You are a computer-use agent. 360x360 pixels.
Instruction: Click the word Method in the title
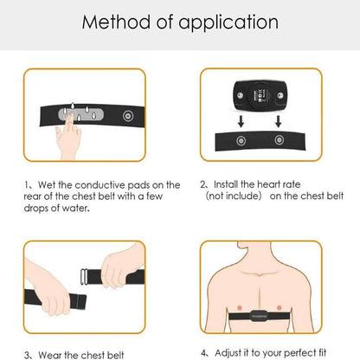point(116,22)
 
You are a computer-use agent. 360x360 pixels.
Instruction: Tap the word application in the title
point(228,23)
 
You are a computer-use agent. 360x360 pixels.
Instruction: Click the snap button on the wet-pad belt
point(128,116)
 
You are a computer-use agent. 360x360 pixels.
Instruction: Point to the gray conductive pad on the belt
point(80,115)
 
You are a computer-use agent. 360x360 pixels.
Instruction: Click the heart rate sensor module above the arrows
point(260,95)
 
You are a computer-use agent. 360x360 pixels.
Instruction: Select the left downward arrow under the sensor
point(241,121)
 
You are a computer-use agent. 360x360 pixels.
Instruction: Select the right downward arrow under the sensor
point(278,121)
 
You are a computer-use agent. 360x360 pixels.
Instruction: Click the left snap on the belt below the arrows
point(241,141)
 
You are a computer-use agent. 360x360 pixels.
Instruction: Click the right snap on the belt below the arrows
point(279,140)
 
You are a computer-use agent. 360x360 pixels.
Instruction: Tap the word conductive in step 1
point(100,185)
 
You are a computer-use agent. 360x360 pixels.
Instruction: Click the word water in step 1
point(74,208)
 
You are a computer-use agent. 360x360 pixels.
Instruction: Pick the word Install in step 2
point(226,184)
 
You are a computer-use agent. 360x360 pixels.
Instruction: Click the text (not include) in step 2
point(234,196)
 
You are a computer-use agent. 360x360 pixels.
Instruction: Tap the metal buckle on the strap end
point(84,277)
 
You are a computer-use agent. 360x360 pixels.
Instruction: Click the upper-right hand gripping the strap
point(122,266)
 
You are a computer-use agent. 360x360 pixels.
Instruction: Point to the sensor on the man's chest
point(259,316)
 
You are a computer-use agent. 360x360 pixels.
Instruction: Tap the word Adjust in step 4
point(228,353)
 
